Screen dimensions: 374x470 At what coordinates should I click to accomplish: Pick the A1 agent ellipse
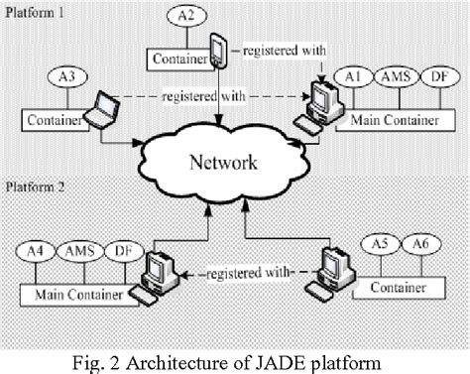(350, 76)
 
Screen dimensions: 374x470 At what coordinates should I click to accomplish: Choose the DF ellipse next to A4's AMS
(118, 251)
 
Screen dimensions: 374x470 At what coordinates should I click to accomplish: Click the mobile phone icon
(220, 51)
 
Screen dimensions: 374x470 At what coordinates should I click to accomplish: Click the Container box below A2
(179, 60)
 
